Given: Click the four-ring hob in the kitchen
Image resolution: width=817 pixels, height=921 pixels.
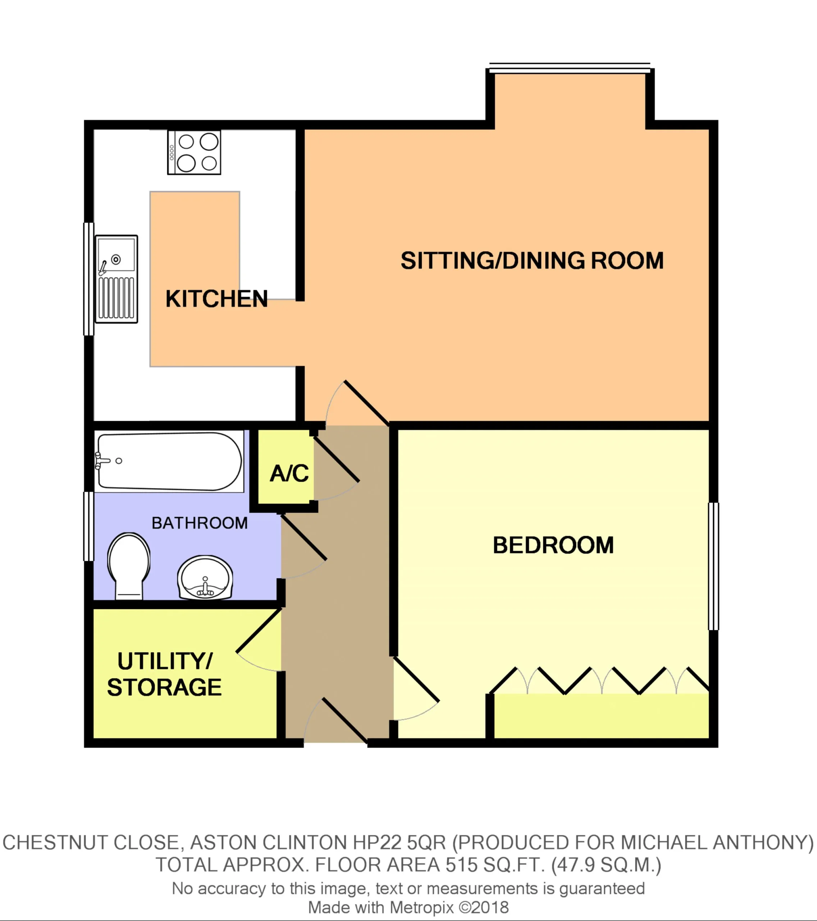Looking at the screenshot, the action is pyautogui.click(x=194, y=152).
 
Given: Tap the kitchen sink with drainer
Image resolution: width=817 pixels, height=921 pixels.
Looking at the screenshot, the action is pyautogui.click(x=116, y=279).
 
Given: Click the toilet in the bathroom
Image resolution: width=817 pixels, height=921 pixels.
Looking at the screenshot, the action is pyautogui.click(x=129, y=566).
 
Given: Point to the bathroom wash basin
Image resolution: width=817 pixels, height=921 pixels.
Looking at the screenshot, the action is pyautogui.click(x=205, y=578).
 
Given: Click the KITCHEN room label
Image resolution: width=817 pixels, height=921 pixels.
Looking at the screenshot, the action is pyautogui.click(x=216, y=299).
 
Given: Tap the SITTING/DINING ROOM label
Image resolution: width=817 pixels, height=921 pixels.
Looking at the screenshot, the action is pyautogui.click(x=532, y=261).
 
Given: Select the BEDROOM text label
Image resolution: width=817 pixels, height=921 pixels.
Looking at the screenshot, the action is pyautogui.click(x=553, y=545).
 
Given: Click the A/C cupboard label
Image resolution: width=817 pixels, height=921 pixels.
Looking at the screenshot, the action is pyautogui.click(x=289, y=473).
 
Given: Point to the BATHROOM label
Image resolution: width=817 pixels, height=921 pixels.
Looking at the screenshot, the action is pyautogui.click(x=200, y=523).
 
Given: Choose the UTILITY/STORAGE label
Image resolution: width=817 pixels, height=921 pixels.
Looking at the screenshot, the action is pyautogui.click(x=164, y=674).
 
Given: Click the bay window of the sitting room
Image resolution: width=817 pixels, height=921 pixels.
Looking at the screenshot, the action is pyautogui.click(x=570, y=68).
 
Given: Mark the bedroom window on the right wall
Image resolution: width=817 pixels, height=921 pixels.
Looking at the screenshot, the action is pyautogui.click(x=713, y=566).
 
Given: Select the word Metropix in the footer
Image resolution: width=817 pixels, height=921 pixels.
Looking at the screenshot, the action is pyautogui.click(x=421, y=907).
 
